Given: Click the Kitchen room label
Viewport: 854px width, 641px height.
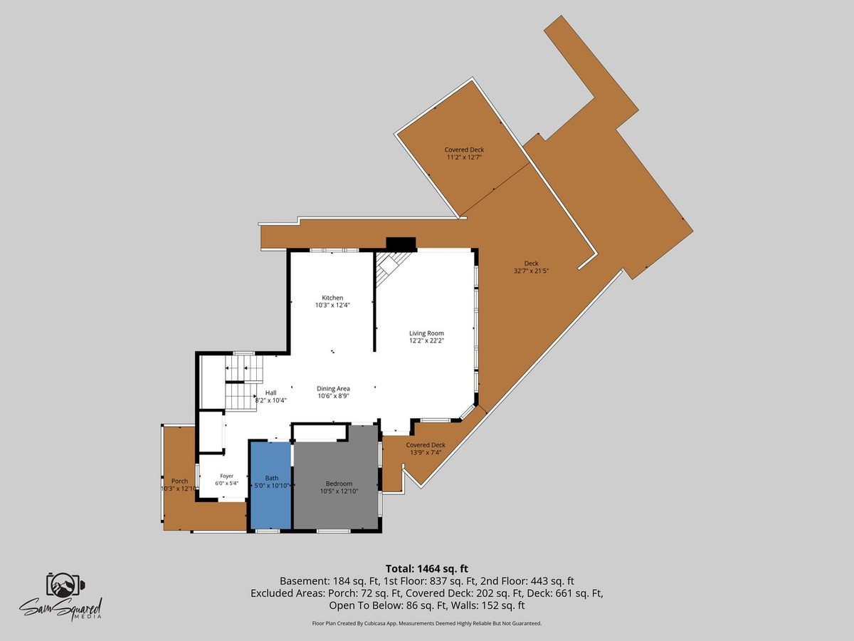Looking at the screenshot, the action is (x=332, y=298).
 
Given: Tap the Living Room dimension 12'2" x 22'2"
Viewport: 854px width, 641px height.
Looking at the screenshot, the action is (x=426, y=340).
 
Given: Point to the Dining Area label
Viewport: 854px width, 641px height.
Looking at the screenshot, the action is (x=333, y=388).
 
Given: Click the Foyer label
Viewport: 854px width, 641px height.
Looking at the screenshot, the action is (x=227, y=476).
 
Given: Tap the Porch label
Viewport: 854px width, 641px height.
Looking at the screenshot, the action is (x=180, y=481).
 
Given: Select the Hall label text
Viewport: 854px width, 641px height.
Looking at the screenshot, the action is (x=271, y=392).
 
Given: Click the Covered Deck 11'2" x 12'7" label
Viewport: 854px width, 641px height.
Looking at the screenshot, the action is (x=464, y=153).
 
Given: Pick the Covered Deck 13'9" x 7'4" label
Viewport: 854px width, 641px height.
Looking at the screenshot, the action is (x=426, y=449).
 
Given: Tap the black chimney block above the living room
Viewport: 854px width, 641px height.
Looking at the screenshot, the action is (x=401, y=244).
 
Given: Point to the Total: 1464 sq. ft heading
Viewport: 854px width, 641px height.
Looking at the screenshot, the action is (x=427, y=568).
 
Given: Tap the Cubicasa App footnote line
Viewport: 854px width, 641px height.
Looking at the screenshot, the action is (x=427, y=623).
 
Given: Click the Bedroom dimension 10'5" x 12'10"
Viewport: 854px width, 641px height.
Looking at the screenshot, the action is (x=339, y=491).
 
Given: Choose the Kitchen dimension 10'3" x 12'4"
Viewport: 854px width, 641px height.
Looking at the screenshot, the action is (x=332, y=305).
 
